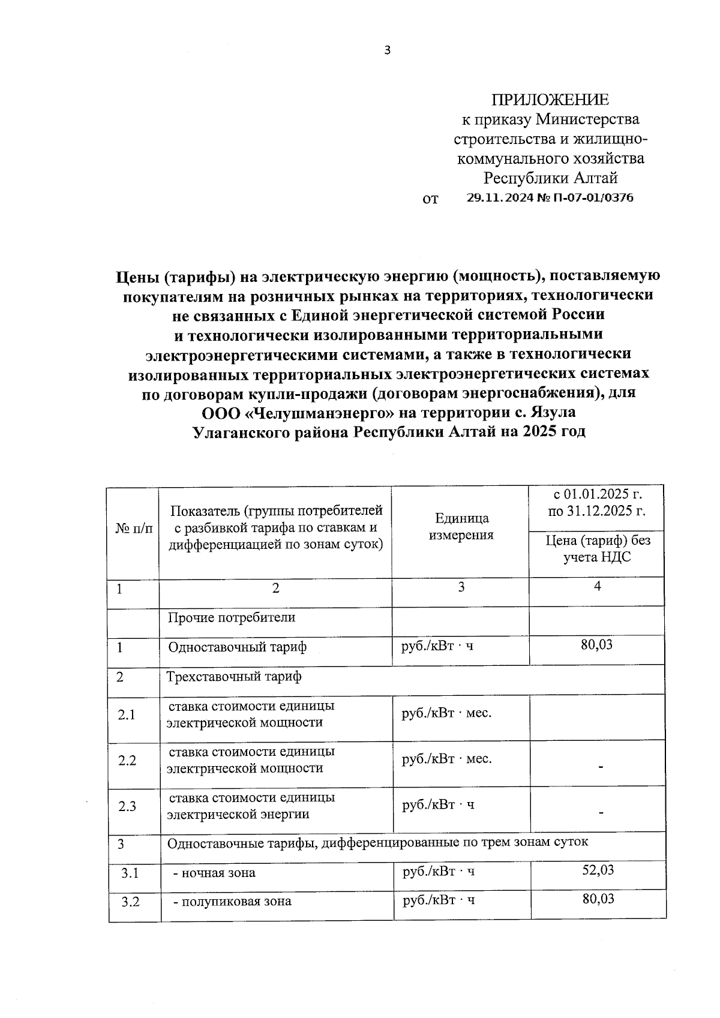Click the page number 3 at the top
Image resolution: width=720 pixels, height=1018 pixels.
point(387,50)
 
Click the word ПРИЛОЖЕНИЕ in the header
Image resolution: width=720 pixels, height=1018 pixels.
point(550,100)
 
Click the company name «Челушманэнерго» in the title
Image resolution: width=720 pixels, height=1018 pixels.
point(324,413)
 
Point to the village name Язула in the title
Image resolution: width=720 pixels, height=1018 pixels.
point(553,413)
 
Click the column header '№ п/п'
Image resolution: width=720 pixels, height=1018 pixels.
point(133,528)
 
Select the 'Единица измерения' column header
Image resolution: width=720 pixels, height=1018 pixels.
point(461,526)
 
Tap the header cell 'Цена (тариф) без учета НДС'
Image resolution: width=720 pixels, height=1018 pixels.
point(597,548)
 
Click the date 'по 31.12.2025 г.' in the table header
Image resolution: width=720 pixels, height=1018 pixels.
point(597,512)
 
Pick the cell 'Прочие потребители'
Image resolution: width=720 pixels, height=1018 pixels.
point(232,617)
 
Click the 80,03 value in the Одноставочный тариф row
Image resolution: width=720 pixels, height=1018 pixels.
point(597,645)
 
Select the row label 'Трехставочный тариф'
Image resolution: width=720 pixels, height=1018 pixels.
point(234,677)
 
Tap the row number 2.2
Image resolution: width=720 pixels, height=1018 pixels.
point(127,761)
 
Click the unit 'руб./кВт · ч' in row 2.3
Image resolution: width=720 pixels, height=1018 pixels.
point(438,804)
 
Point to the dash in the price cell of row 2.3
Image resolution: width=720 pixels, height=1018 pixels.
point(601,813)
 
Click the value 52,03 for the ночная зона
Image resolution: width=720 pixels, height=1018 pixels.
point(598,870)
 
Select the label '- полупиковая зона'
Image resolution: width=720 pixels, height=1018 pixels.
point(232,901)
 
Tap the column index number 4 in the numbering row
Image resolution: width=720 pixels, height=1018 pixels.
point(597,587)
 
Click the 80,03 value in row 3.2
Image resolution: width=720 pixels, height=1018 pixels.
point(598,899)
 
